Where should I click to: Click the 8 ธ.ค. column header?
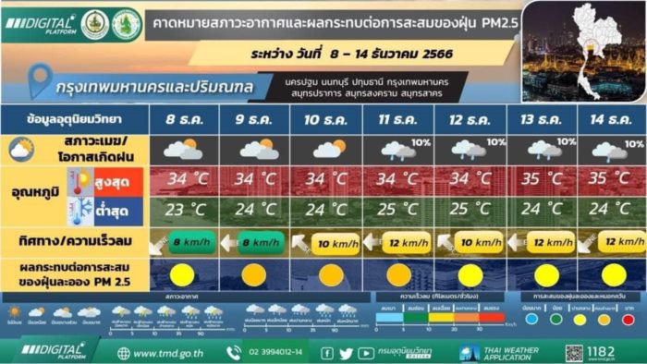click(183, 120)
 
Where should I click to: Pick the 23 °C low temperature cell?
click(183, 209)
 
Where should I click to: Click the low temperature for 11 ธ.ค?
click(399, 209)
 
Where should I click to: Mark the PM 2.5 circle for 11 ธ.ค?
click(399, 274)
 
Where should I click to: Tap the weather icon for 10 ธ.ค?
click(328, 149)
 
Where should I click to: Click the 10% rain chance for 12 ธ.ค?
click(495, 142)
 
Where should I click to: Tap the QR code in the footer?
click(575, 353)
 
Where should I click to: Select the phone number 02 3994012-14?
click(275, 353)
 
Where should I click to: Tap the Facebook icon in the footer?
click(327, 353)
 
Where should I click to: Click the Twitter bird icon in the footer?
click(346, 353)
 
